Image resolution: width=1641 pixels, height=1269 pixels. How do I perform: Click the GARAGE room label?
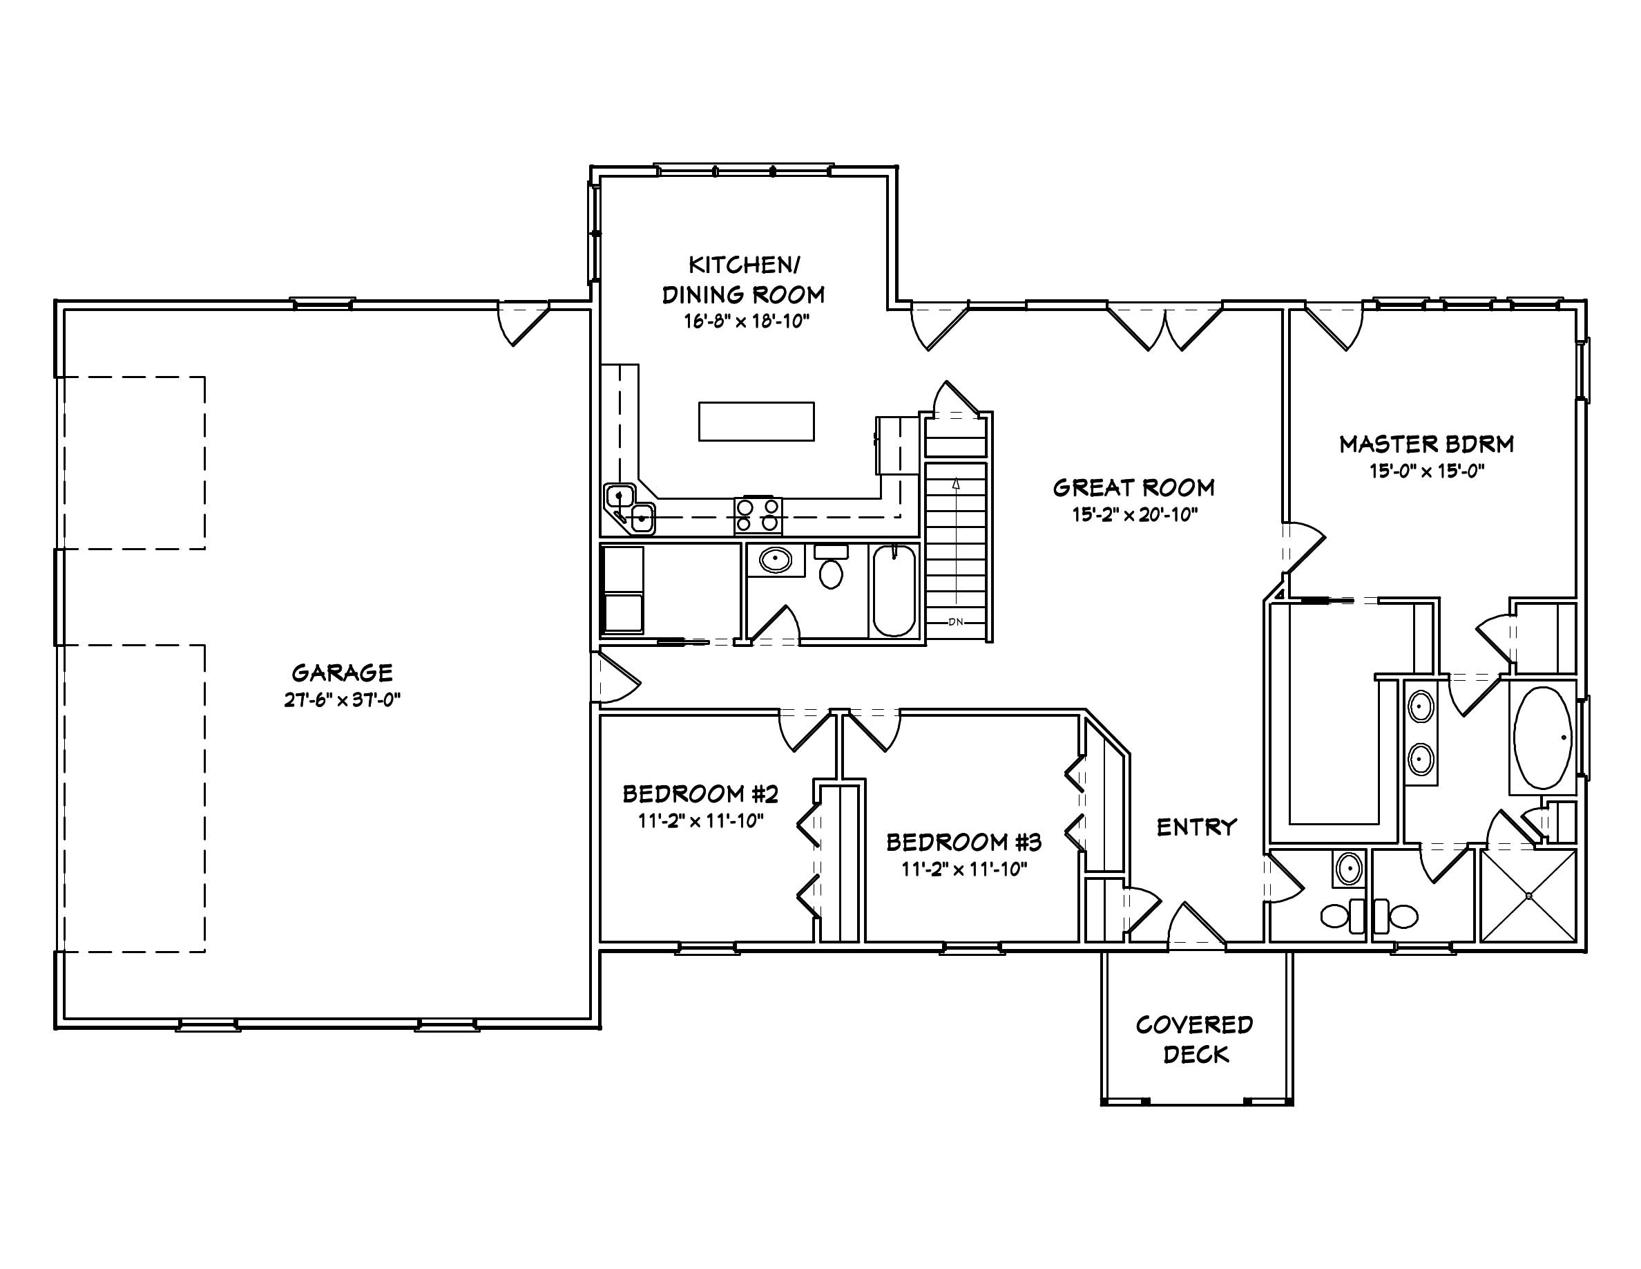click(x=342, y=672)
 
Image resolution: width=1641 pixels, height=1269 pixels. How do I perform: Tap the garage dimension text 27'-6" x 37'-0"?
click(x=342, y=700)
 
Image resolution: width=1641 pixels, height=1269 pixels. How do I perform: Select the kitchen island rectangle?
click(x=756, y=421)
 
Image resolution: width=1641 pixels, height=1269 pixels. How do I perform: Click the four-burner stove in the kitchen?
click(x=758, y=516)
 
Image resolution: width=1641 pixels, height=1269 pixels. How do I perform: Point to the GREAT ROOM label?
click(x=1133, y=488)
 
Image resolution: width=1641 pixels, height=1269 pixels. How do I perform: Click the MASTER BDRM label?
click(x=1426, y=444)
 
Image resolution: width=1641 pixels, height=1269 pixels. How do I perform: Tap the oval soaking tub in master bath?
click(x=1542, y=737)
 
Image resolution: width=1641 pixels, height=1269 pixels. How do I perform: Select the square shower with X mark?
click(x=1528, y=894)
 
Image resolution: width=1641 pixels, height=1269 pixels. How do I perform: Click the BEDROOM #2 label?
click(x=700, y=794)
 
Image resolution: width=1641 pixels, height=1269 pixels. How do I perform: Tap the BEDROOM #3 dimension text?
click(x=964, y=869)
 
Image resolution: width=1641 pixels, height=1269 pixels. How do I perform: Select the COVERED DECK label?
click(x=1195, y=1039)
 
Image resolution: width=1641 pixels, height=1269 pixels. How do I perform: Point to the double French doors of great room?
click(x=1164, y=328)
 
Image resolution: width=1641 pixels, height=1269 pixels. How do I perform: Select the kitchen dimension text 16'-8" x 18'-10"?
click(x=745, y=322)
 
